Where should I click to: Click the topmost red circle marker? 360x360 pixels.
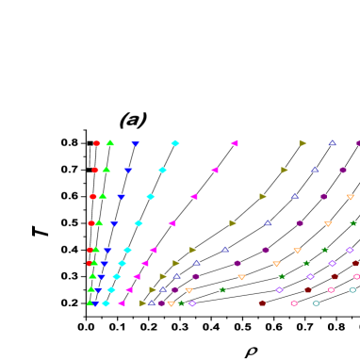(97, 143)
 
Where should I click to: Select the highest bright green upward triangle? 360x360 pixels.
(110, 142)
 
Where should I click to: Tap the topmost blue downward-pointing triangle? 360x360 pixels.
(135, 143)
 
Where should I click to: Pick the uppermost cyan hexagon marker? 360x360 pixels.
(175, 143)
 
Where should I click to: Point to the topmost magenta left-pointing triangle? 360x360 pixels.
(234, 143)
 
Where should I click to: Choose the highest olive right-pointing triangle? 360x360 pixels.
(303, 143)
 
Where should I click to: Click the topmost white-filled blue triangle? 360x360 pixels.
(332, 143)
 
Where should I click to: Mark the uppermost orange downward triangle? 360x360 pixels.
(350, 197)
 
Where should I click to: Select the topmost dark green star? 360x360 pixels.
(352, 223)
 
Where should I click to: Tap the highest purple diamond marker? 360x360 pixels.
(350, 250)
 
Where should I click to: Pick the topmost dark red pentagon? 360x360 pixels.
(355, 263)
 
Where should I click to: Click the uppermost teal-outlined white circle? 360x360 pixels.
(352, 289)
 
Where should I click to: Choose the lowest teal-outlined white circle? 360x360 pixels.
(316, 303)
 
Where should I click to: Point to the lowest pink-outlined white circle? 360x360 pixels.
(293, 303)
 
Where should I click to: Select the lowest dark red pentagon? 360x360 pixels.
(262, 303)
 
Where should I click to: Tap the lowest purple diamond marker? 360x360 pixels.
(192, 303)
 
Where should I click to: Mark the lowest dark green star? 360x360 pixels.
(181, 303)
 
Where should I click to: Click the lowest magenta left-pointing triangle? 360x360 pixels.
(122, 303)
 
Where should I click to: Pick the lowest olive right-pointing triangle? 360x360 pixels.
(142, 303)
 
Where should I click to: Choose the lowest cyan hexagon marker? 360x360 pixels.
(106, 303)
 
